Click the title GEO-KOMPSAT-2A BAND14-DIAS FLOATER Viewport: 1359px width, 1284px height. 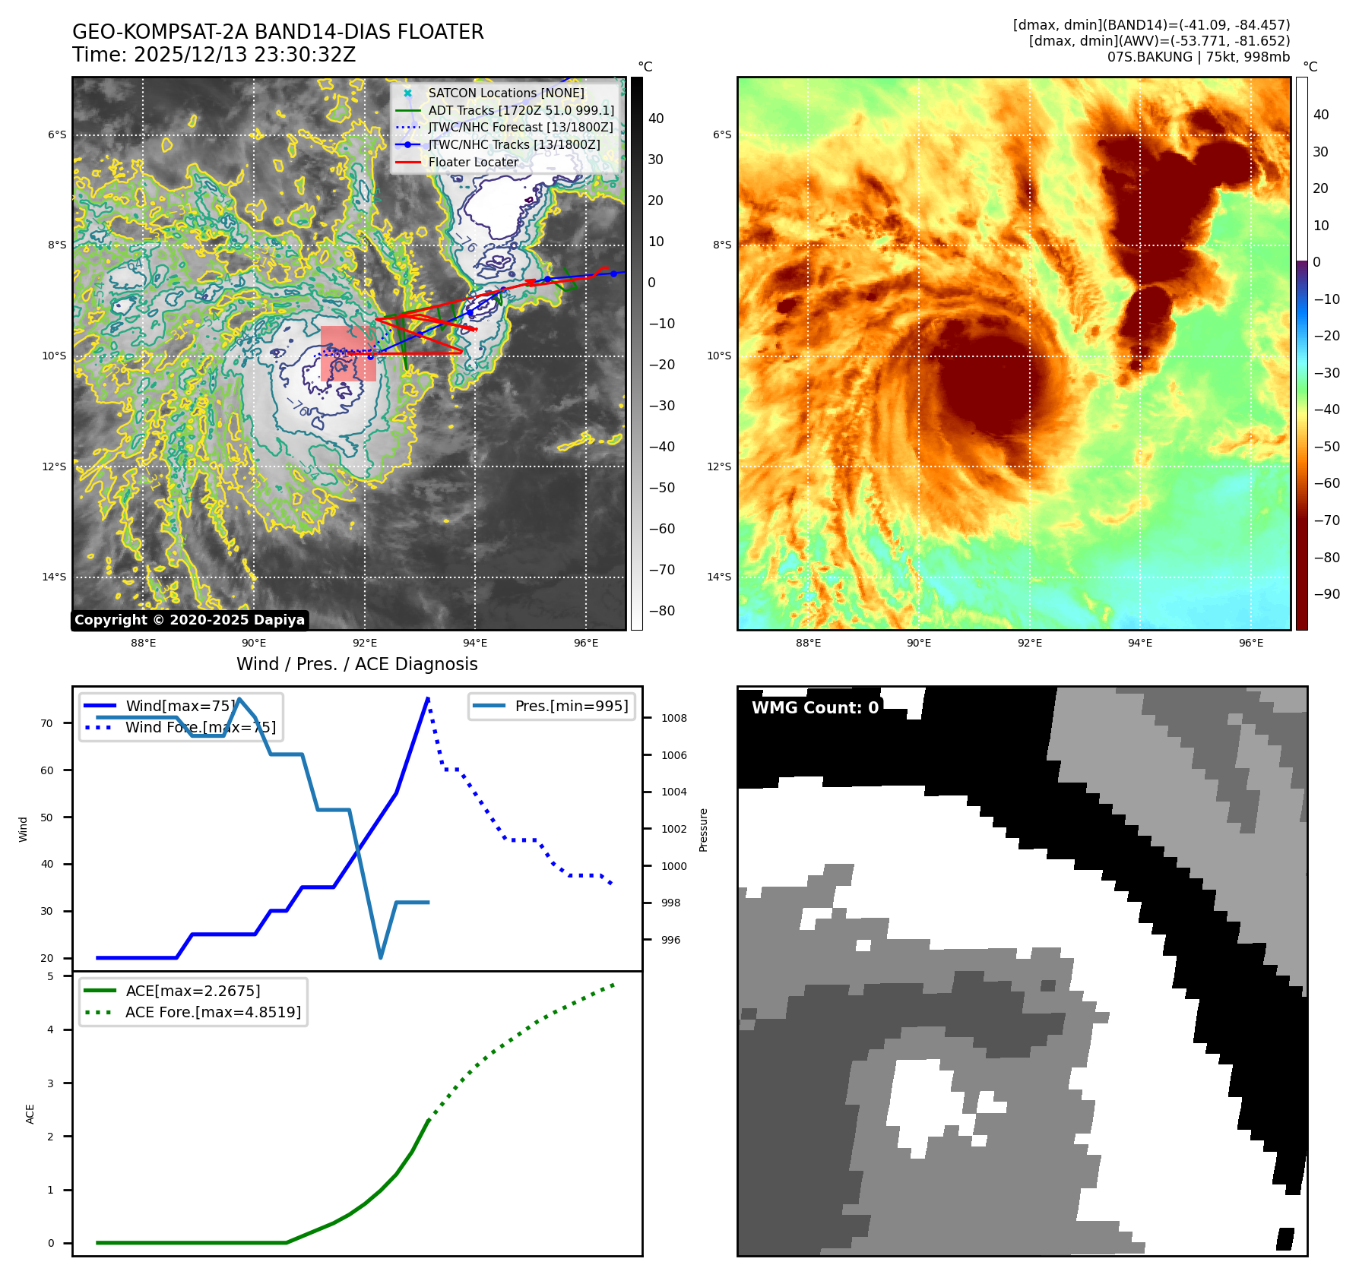click(x=277, y=32)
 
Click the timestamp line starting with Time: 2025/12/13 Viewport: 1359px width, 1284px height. click(x=214, y=55)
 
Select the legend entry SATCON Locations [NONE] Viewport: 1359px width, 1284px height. click(x=505, y=93)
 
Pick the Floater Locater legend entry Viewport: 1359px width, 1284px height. click(x=473, y=162)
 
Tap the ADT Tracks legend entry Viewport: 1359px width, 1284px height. click(x=521, y=110)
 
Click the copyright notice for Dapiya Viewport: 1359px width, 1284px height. click(x=189, y=620)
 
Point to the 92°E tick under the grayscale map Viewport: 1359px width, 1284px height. click(x=365, y=643)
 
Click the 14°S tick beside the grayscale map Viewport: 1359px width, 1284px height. click(x=55, y=577)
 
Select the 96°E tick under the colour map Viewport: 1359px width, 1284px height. click(x=1250, y=643)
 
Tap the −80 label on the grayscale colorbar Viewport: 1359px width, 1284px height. click(x=661, y=611)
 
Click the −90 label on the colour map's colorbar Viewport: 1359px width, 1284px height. click(x=1326, y=594)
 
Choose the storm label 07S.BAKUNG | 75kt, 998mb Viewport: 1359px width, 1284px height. click(x=1198, y=57)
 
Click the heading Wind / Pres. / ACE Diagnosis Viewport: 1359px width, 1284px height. click(x=356, y=664)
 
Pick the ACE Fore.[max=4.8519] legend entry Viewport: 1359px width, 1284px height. click(x=213, y=1012)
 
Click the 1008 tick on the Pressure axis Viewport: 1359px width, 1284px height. click(x=673, y=718)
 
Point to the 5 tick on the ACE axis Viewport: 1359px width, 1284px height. click(x=51, y=976)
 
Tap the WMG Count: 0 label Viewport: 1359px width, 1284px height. click(x=815, y=707)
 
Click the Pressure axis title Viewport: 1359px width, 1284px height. click(x=704, y=830)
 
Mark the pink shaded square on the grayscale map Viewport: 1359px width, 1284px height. click(x=348, y=353)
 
